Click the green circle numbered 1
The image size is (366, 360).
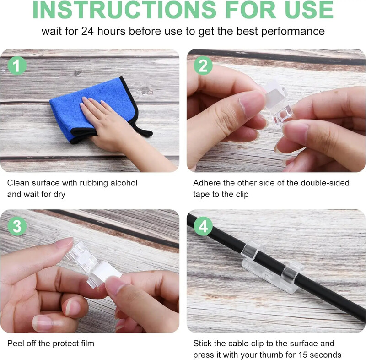[17, 65]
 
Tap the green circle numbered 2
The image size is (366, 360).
[203, 65]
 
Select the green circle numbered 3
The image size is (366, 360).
[17, 226]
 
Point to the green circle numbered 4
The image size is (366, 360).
[203, 226]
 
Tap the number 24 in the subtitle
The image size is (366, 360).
[87, 31]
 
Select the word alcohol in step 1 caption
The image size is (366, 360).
[124, 183]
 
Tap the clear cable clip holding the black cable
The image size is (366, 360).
[272, 266]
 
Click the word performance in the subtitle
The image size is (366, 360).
[293, 32]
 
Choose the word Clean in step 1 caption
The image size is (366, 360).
[18, 183]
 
